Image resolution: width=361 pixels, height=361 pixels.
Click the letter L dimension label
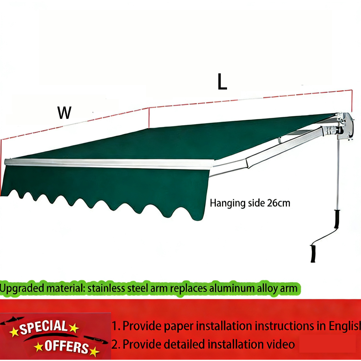pos(222,82)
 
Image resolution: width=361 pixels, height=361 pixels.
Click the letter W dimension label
pos(65,113)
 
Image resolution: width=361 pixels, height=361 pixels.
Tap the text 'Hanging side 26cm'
pos(250,203)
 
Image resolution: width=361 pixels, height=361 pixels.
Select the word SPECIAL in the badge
pos(43,328)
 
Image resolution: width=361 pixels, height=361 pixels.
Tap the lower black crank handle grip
pos(313,253)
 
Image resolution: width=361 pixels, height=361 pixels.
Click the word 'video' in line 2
pos(282,344)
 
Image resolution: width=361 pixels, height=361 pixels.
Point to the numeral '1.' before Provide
pos(116,326)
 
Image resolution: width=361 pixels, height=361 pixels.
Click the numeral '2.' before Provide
pos(116,344)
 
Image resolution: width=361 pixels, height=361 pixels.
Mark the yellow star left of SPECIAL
pos(14,332)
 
